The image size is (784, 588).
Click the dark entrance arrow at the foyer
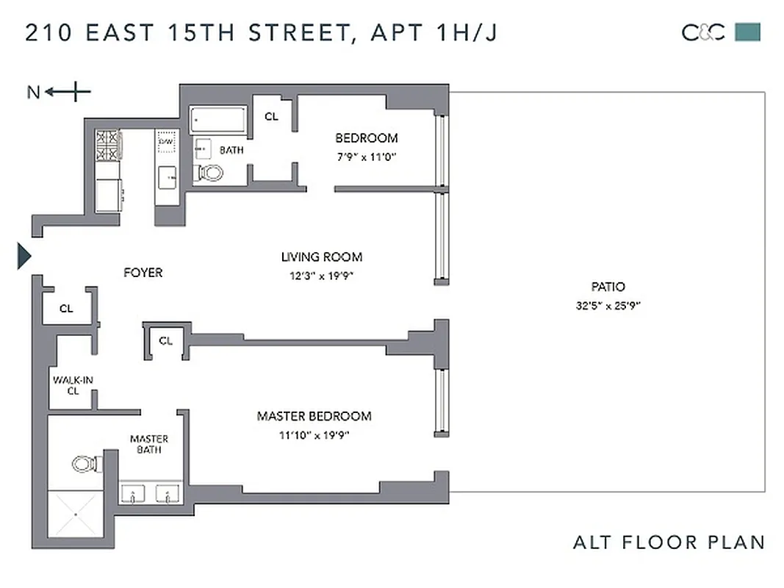coord(24,257)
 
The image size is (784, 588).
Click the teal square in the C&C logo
coord(748,32)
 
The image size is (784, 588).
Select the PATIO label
coord(608,287)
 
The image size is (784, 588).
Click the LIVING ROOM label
coord(321,257)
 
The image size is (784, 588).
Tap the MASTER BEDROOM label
coord(314,416)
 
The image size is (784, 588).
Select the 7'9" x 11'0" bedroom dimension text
coord(366,157)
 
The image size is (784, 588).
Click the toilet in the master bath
coord(82,464)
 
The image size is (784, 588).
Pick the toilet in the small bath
coord(211,173)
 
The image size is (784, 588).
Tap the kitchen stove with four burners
coord(107,145)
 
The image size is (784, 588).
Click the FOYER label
coord(143,273)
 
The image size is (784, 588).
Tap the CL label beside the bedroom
coord(271,116)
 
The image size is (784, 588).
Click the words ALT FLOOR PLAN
coord(668,542)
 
